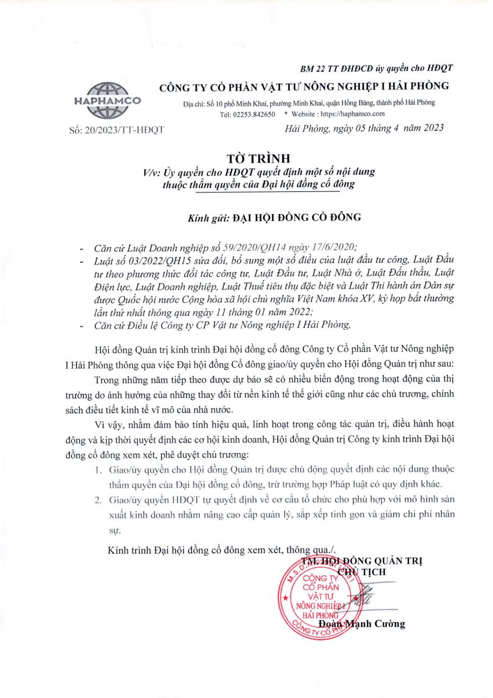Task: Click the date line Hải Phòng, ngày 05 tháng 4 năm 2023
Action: [x=365, y=129]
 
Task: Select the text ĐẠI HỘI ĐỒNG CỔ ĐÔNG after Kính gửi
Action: [x=297, y=218]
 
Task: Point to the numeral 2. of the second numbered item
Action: [x=99, y=499]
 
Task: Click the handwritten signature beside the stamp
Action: [x=367, y=600]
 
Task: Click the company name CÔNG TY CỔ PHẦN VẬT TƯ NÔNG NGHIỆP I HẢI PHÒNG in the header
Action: [x=304, y=86]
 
